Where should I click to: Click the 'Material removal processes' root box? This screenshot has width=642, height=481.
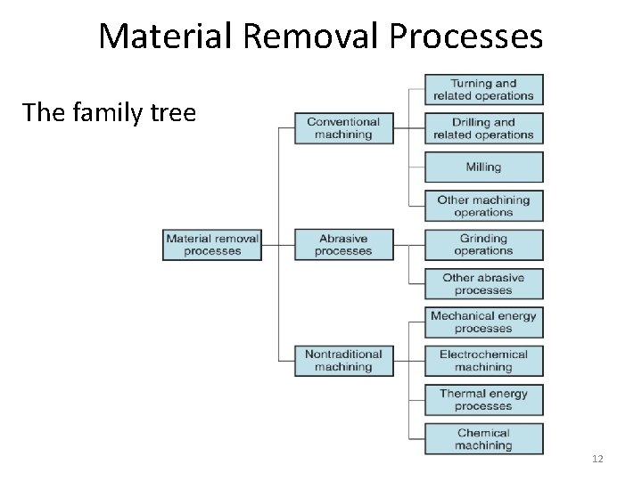tap(212, 245)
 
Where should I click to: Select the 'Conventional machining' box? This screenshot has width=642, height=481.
tap(343, 128)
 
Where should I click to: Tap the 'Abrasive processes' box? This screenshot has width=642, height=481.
tap(343, 245)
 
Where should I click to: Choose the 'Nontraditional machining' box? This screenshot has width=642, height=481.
tap(343, 361)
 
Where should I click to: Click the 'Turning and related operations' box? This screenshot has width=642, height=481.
tap(483, 90)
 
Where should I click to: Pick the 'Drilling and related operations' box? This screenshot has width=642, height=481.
tap(483, 128)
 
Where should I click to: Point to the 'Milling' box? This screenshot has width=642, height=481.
tap(483, 167)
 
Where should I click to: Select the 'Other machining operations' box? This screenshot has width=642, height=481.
tap(483, 206)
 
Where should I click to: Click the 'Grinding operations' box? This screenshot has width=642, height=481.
tap(483, 245)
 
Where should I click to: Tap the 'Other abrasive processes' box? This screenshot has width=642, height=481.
tap(483, 283)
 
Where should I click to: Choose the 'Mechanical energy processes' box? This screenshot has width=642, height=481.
tap(483, 322)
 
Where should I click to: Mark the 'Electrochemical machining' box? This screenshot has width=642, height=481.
tap(483, 361)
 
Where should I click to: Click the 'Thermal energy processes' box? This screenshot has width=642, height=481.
tap(483, 400)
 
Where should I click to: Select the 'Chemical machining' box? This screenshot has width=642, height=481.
tap(483, 439)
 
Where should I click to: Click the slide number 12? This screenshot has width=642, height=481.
tap(597, 459)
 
